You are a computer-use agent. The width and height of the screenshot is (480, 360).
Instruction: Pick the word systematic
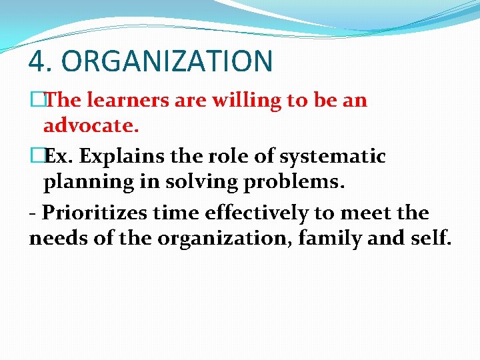point(333,157)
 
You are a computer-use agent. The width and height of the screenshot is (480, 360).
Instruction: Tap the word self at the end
point(434,237)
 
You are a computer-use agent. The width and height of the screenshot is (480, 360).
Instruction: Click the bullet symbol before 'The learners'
point(35,101)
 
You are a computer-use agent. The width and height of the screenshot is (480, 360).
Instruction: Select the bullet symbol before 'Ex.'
point(35,157)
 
